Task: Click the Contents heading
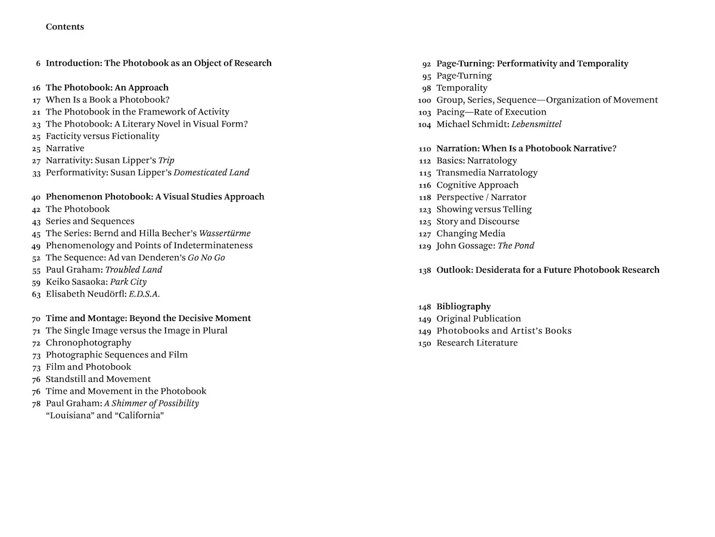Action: [65, 27]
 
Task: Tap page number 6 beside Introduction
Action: [38, 63]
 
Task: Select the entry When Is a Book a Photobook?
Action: [108, 100]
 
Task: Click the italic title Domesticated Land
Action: [212, 172]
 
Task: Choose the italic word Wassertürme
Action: [225, 233]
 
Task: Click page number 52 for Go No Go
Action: [36, 258]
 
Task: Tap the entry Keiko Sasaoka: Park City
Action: [96, 282]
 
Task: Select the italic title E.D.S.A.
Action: [144, 294]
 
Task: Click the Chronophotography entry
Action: [89, 342]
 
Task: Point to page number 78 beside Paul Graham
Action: [36, 403]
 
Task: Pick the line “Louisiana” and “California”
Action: [105, 415]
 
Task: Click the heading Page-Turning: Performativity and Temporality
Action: [532, 63]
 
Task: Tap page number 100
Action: [424, 100]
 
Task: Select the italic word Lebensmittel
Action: [536, 124]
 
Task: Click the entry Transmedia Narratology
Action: [487, 172]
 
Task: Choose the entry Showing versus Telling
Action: [484, 209]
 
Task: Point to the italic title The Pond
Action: [516, 245]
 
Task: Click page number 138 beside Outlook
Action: [424, 270]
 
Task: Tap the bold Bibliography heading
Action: [464, 307]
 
